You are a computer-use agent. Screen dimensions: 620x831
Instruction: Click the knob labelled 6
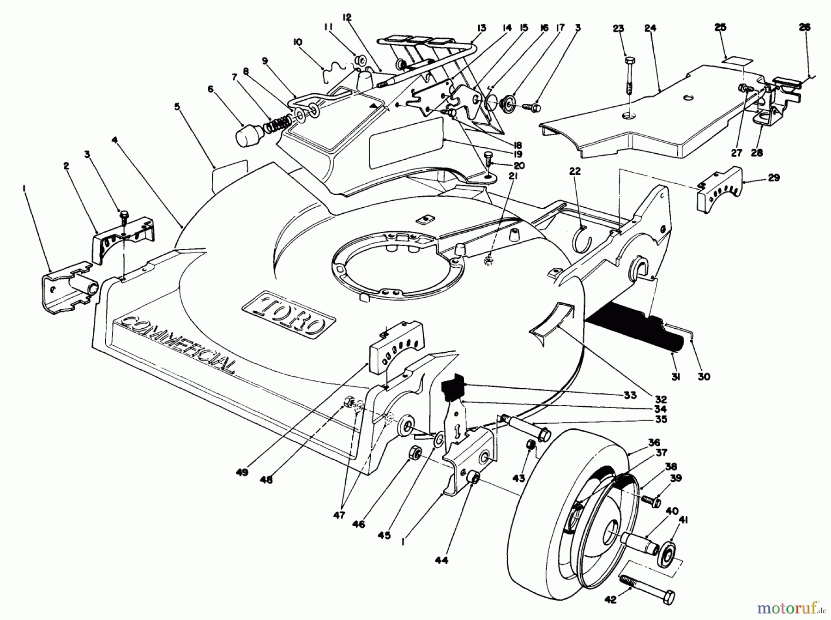(249, 135)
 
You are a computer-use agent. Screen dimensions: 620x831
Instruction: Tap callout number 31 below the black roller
(675, 377)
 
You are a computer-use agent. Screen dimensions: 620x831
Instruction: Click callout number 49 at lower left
(242, 472)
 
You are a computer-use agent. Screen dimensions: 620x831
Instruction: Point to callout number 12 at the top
(347, 18)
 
